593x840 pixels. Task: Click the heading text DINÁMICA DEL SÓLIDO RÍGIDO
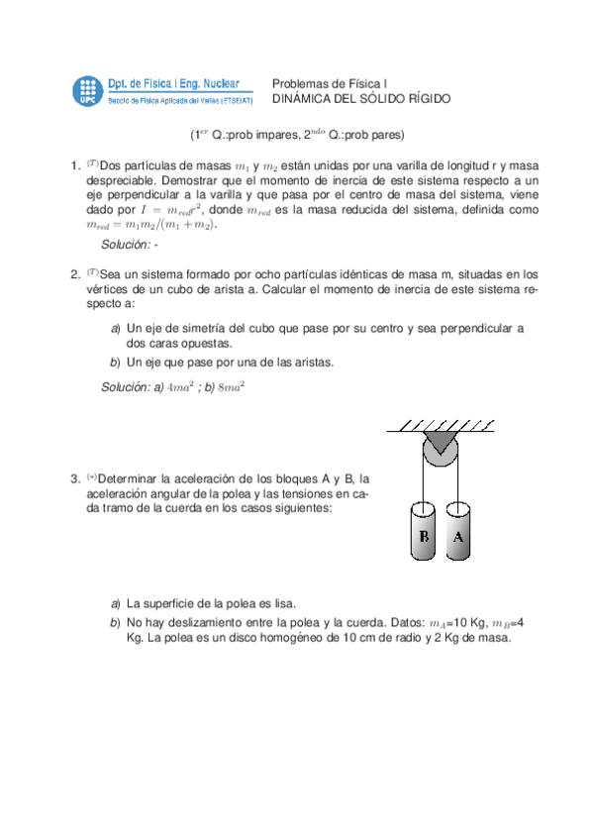[360, 99]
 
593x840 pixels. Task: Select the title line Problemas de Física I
[330, 84]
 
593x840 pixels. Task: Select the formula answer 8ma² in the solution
[231, 387]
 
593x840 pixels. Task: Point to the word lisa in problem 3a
[281, 602]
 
